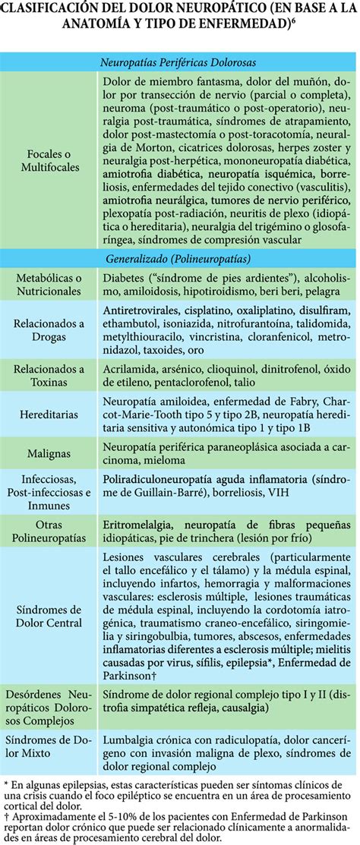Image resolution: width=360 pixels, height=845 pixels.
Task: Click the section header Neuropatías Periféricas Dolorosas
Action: (x=179, y=62)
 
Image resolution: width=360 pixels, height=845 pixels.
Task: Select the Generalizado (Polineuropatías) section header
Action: (x=179, y=258)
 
